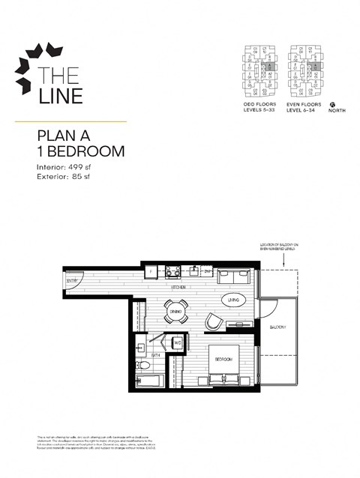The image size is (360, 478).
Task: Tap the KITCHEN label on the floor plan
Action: coord(178,287)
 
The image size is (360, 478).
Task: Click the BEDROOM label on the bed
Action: coord(223,360)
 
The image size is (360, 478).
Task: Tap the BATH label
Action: coord(154,354)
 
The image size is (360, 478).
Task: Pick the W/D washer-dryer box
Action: coord(178,343)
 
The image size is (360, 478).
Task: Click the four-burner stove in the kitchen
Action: coord(172,272)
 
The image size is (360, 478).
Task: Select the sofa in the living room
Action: coord(235,276)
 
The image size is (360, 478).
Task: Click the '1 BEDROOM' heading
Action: coord(80,151)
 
